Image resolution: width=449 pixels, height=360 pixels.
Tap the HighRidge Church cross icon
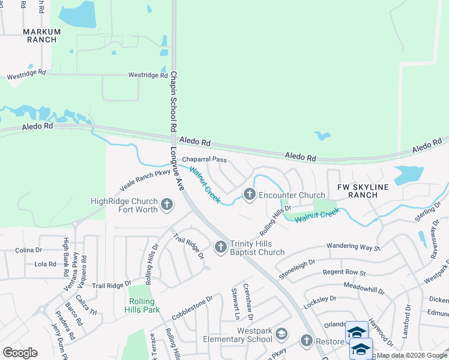[167, 206]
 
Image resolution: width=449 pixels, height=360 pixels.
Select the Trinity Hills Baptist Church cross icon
[221, 246]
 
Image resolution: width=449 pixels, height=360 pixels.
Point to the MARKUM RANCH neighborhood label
[41, 35]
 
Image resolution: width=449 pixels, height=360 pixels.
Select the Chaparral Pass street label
[204, 160]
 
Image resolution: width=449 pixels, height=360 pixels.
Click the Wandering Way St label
[354, 247]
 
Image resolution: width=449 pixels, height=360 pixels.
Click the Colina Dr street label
[28, 250]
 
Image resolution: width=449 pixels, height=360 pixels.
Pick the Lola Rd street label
[46, 264]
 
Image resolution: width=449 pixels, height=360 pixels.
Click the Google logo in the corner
[20, 353]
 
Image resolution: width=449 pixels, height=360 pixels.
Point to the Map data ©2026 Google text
[412, 355]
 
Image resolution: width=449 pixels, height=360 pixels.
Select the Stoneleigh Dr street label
[297, 269]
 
